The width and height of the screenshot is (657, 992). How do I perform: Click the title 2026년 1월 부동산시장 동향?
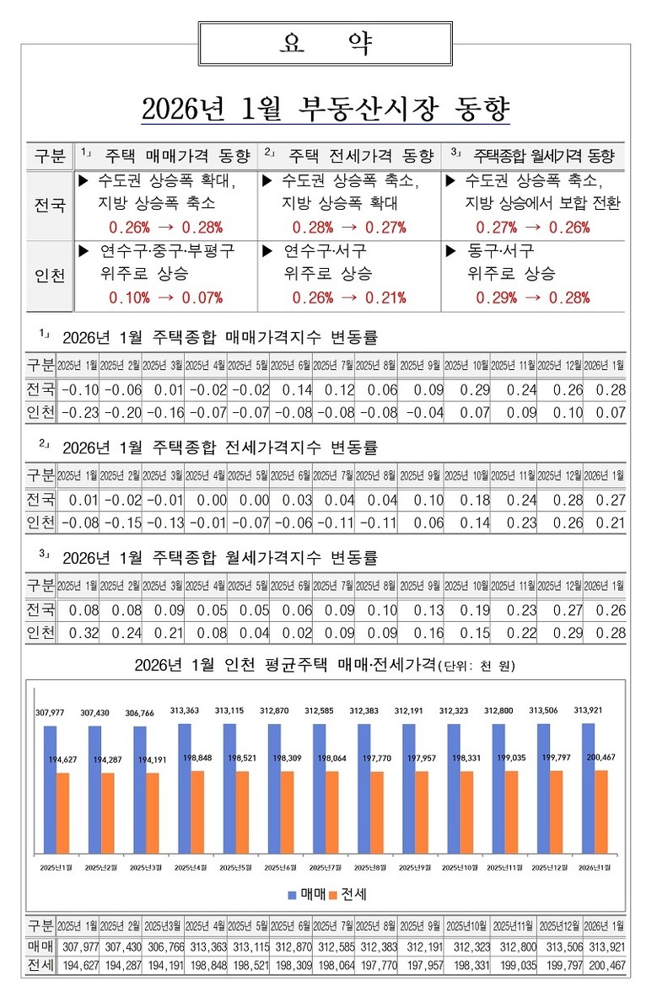pyautogui.click(x=325, y=110)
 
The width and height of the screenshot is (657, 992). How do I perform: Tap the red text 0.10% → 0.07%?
pyautogui.click(x=165, y=297)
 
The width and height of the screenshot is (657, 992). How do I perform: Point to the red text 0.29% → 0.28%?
pyautogui.click(x=532, y=297)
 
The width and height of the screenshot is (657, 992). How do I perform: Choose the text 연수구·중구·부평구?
pyautogui.click(x=167, y=251)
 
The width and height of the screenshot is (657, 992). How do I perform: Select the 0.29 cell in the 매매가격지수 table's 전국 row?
pyautogui.click(x=468, y=389)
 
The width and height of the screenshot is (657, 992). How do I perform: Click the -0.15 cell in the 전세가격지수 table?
pyautogui.click(x=122, y=522)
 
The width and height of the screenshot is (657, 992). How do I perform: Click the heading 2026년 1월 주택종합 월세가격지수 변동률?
pyautogui.click(x=219, y=558)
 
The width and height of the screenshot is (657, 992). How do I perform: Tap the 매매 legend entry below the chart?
pyautogui.click(x=308, y=893)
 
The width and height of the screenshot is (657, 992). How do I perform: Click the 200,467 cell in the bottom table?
pyautogui.click(x=606, y=964)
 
